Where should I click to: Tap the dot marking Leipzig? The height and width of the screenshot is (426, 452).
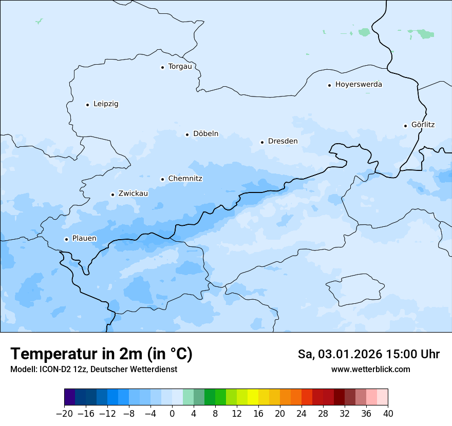[x=87, y=105]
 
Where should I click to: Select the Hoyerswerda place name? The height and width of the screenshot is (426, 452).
[x=359, y=84]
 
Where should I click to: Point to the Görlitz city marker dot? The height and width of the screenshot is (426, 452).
[x=405, y=126]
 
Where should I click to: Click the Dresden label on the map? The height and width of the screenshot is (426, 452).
[x=282, y=141]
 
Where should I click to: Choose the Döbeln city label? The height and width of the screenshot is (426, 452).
[x=205, y=133]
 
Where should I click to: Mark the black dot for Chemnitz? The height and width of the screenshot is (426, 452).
[x=162, y=179]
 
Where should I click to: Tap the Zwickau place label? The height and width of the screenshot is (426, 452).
[x=133, y=193]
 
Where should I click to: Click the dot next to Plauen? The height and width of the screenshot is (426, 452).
[x=66, y=239]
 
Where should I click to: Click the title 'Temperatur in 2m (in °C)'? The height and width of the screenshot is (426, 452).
[x=102, y=354]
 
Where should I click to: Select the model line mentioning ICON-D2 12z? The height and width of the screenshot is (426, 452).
[x=93, y=370]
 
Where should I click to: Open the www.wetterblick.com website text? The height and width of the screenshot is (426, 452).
[x=370, y=370]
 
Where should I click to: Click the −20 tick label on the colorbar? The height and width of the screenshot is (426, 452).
[x=64, y=414]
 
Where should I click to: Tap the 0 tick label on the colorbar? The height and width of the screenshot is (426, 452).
[x=172, y=414]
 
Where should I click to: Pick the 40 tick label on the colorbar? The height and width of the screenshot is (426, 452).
[x=388, y=414]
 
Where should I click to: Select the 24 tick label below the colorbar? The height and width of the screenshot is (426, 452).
[x=302, y=414]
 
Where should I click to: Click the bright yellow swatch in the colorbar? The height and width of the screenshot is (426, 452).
[x=253, y=397]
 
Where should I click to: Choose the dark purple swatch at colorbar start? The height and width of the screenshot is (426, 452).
[x=70, y=397]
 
